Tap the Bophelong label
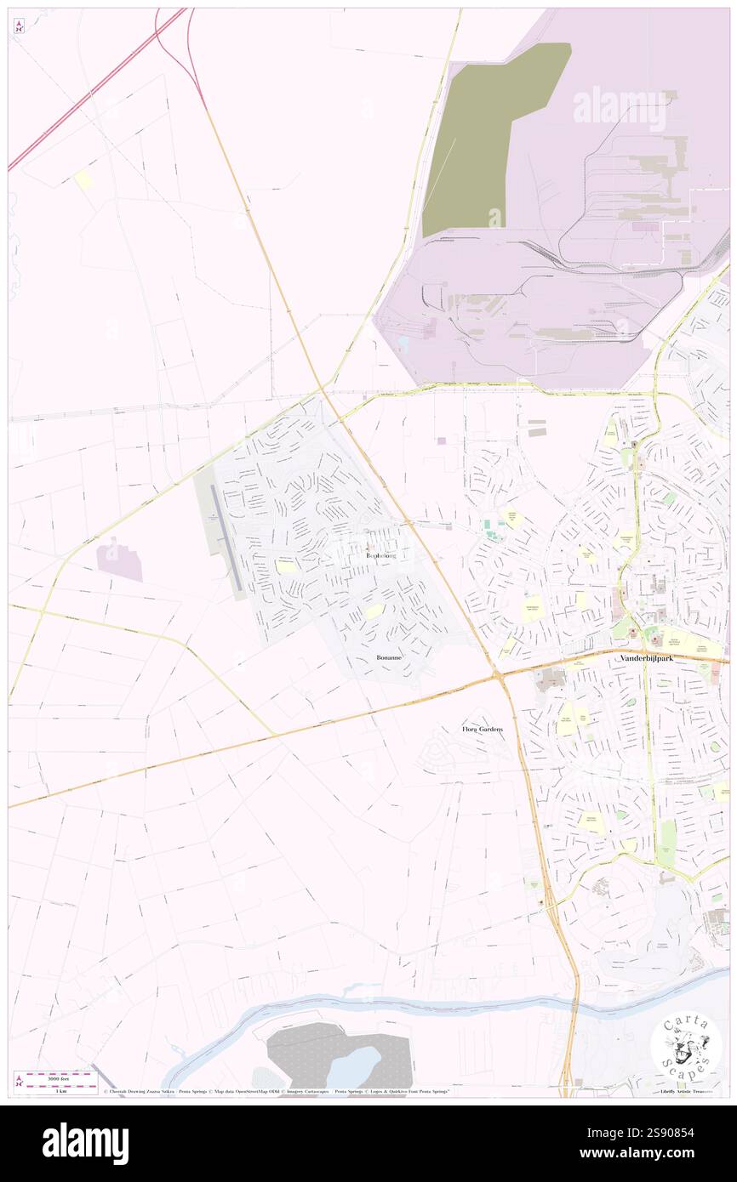pos(380,554)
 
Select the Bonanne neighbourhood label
pos(391,658)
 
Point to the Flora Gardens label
pos(483,729)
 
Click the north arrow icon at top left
pos(19,26)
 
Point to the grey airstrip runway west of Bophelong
pos(223,536)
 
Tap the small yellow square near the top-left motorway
pos(84,179)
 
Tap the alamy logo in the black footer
pos(85,1142)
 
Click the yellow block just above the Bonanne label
pos(374,611)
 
